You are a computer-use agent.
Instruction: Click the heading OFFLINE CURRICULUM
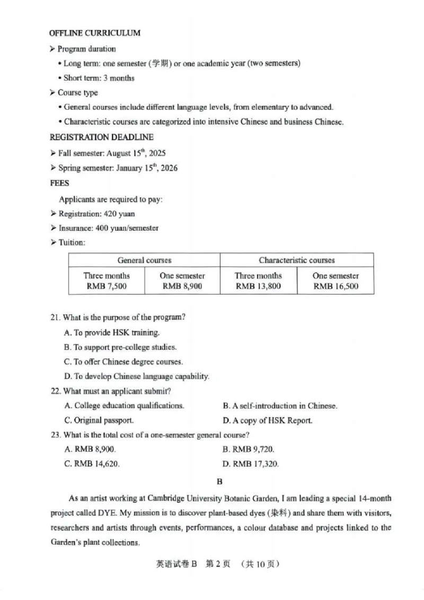[x=95, y=33]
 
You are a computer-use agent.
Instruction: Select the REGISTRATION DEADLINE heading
[x=101, y=137]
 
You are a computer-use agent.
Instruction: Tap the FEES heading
[x=59, y=183]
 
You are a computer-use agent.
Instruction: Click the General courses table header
[x=144, y=260]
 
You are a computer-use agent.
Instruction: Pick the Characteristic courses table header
[x=297, y=260]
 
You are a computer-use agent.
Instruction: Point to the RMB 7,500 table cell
[x=106, y=287]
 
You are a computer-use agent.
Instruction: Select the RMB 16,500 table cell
[x=335, y=287]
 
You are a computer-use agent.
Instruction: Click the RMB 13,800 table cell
[x=258, y=287]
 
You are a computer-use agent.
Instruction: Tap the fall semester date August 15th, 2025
[x=136, y=153]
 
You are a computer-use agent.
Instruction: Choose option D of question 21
[x=136, y=376]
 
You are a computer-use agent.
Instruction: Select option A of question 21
[x=112, y=333]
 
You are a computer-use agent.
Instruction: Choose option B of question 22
[x=280, y=406]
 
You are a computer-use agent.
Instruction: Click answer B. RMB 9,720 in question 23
[x=249, y=449]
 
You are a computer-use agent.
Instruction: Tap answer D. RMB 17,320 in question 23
[x=251, y=464]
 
